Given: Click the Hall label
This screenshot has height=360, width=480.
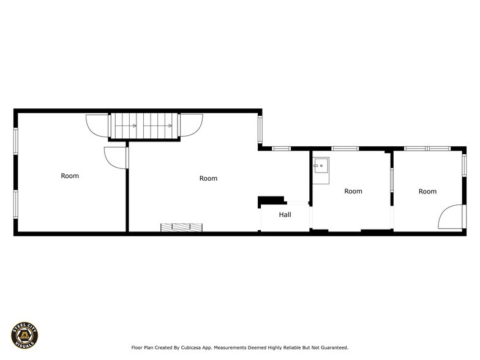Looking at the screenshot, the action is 285,214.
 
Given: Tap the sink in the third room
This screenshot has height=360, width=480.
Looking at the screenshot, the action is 321,170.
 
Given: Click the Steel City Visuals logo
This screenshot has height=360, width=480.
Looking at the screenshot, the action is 24,336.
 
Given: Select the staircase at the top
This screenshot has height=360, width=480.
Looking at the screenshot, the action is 144,126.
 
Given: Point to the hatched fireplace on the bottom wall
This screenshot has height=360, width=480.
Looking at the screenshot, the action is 181,228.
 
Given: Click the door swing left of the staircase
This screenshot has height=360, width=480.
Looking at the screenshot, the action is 97,126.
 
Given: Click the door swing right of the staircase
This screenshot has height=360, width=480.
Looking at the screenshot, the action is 190,125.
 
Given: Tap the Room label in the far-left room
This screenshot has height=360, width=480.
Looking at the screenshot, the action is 70,176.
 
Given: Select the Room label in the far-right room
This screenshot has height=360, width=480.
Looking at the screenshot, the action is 427,191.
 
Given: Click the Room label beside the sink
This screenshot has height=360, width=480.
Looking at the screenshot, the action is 353,191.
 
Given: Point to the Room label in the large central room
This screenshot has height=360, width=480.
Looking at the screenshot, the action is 208,178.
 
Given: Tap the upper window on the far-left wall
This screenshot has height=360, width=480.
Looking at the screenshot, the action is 16,141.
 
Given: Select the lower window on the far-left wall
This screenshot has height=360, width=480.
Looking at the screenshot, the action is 16,204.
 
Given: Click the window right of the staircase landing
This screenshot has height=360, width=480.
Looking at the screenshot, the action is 260,129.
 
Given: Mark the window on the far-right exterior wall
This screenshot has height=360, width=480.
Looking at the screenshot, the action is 464,165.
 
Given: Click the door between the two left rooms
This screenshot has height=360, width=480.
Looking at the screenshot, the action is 116,158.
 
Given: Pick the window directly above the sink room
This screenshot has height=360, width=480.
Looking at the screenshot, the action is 345,149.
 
